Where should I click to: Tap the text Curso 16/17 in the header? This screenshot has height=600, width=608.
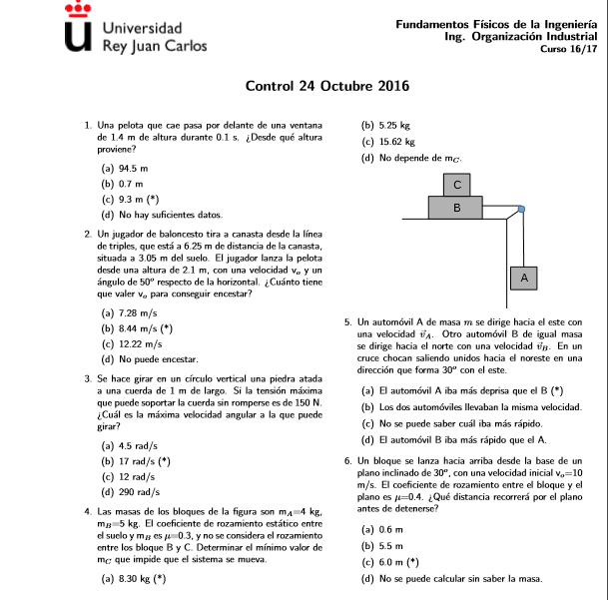pos(568,49)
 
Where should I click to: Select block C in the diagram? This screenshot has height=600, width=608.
pos(458,185)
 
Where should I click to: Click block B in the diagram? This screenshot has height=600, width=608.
pos(458,209)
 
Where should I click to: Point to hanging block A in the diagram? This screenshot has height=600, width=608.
pos(524,277)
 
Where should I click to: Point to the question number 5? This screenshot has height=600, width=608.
pos(345,321)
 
